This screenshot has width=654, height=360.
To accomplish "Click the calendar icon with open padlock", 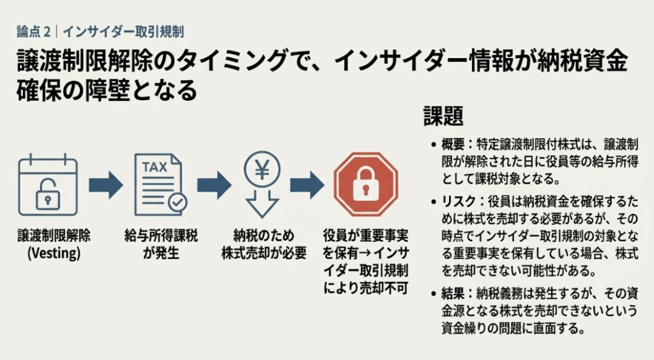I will pyautogui.click(x=48, y=185).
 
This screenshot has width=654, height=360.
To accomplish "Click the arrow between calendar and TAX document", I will pyautogui.click(x=105, y=185).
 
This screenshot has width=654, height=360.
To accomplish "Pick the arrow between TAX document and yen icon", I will pyautogui.click(x=214, y=185).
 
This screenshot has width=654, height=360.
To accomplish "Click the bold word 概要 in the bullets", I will pyautogui.click(x=453, y=145).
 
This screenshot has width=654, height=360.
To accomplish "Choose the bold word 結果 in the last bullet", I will pyautogui.click(x=453, y=294).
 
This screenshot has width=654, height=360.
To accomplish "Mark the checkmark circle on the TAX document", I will pyautogui.click(x=177, y=202).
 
